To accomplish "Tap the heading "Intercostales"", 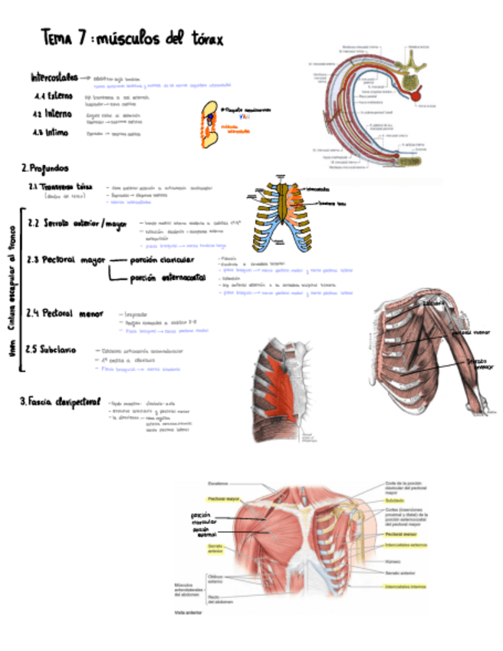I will [54, 78].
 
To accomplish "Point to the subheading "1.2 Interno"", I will [52, 114].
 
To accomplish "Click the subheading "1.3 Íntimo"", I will [51, 132].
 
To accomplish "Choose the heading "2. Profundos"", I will [46, 167].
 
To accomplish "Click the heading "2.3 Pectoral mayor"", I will [66, 260].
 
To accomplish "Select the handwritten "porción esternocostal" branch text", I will [165, 278].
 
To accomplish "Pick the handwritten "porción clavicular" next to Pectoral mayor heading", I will [161, 260].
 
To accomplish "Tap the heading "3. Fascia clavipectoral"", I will [61, 401].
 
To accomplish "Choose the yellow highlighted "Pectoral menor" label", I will [399, 534].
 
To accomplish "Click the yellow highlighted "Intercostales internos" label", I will [405, 587].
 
